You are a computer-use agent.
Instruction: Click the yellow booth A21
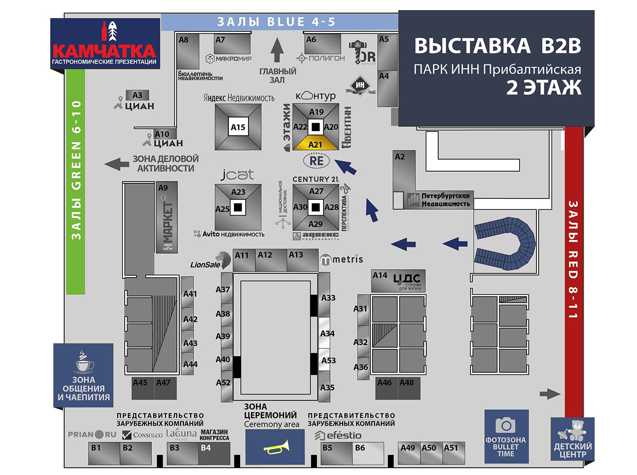tap(315, 144)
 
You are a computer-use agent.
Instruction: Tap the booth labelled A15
tap(238, 127)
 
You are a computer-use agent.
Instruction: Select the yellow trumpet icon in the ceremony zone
tap(276, 447)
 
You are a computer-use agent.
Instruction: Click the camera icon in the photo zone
tap(506, 425)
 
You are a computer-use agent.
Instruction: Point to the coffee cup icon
tap(84, 363)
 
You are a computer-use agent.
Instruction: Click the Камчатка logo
tap(105, 44)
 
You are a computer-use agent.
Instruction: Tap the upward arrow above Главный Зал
tap(277, 50)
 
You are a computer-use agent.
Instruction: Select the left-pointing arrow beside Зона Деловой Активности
tap(116, 164)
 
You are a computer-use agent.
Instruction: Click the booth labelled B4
tap(214, 454)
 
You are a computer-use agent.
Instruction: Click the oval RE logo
tap(316, 161)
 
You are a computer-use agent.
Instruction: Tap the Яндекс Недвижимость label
tap(239, 98)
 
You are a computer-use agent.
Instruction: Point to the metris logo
tap(342, 259)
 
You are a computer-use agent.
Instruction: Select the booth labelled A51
tap(453, 453)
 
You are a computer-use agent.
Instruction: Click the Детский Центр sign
tap(572, 440)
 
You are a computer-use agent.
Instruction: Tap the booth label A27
tap(316, 191)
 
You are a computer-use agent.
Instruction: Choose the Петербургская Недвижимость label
tap(445, 200)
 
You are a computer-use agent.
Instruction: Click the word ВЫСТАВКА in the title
tap(472, 46)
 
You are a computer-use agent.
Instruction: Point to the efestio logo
tap(338, 435)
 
